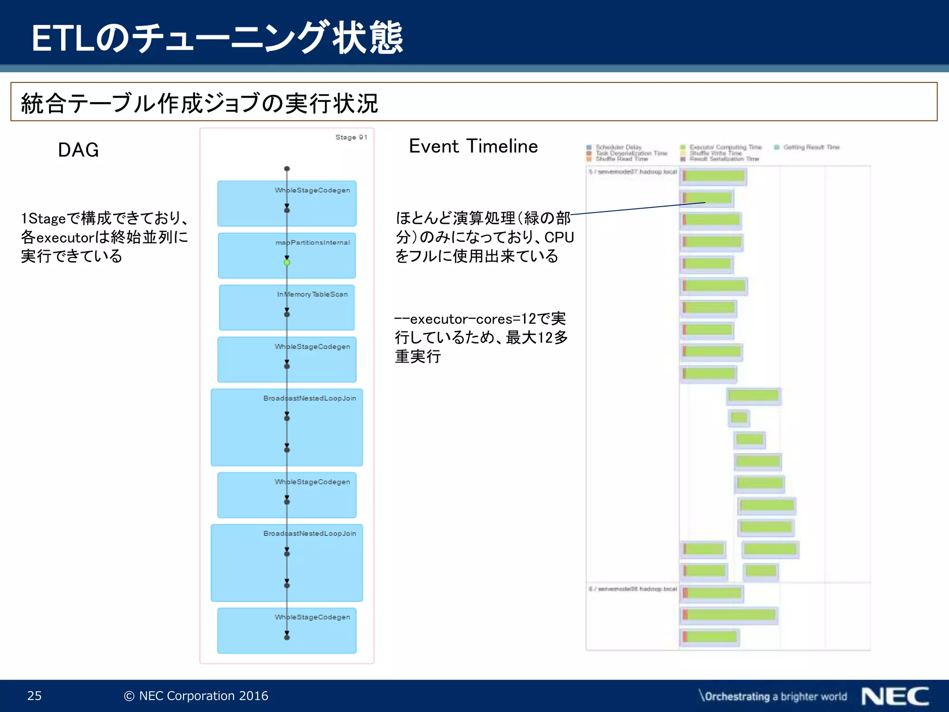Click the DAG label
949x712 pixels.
(x=78, y=150)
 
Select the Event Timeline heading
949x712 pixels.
(x=473, y=146)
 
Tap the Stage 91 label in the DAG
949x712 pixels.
(x=351, y=137)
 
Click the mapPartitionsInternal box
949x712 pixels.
(x=287, y=255)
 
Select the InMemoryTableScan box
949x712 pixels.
(x=287, y=307)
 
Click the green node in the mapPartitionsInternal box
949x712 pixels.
(x=287, y=262)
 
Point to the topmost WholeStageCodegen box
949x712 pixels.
(x=287, y=203)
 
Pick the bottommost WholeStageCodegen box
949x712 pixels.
(x=287, y=630)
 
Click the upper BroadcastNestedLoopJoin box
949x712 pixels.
(x=287, y=427)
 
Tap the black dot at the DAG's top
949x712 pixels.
(x=287, y=169)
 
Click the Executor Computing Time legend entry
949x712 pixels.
(x=725, y=147)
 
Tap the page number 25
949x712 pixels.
(x=34, y=695)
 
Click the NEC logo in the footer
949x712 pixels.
(x=895, y=696)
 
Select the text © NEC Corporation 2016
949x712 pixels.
(x=196, y=695)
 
